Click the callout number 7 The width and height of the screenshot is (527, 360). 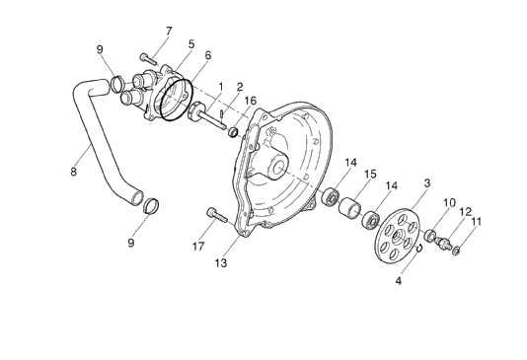coord(168,31)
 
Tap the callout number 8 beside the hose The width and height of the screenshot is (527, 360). coord(73,172)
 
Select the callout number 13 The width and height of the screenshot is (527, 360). coord(220,263)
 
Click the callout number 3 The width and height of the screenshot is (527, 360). coord(190,44)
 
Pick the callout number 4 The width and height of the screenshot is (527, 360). coord(399,280)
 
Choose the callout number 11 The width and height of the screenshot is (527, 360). coord(476,221)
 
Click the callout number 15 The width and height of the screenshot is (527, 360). coord(370,174)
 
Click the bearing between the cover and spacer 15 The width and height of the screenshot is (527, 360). coord(331,195)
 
